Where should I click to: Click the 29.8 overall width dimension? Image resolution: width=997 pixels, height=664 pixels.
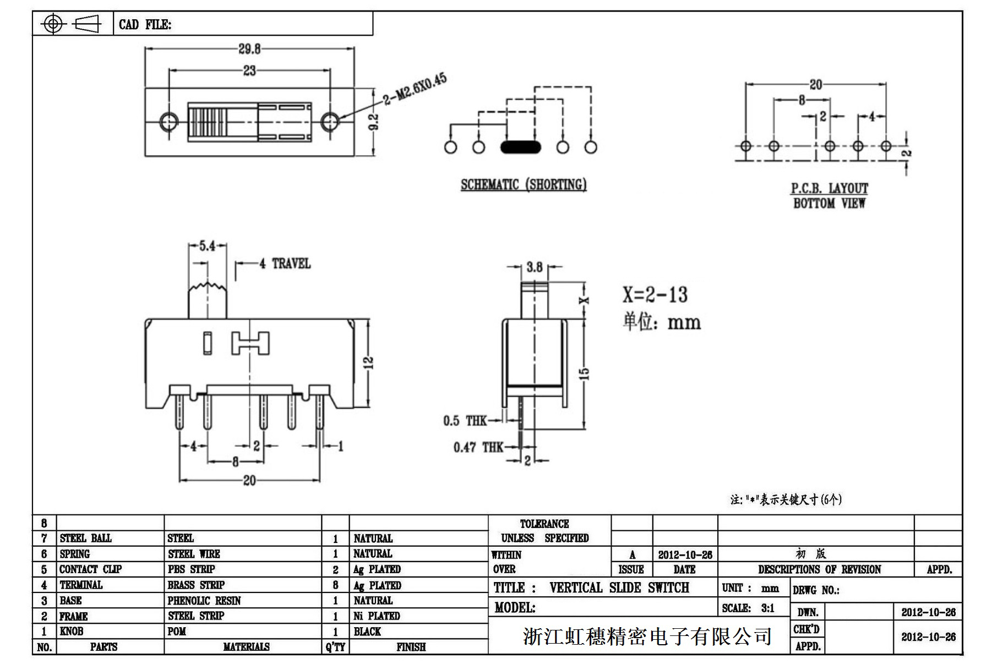249,49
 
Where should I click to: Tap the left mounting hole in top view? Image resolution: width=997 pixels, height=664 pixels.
168,121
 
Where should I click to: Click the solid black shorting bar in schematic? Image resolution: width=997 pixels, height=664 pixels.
520,147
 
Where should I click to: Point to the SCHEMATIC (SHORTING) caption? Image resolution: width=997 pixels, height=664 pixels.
524,185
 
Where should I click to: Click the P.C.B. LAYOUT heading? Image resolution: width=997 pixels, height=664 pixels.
829,189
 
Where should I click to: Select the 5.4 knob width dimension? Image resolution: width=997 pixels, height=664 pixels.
207,246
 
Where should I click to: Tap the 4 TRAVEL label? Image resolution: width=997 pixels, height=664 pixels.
285,264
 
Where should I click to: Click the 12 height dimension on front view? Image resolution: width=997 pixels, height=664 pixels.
368,362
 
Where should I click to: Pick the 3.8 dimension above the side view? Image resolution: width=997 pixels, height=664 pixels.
534,267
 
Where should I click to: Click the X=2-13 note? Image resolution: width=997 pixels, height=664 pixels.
655,295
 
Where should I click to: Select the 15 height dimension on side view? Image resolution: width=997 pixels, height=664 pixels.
585,374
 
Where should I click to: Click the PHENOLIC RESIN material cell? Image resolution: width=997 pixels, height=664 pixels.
204,601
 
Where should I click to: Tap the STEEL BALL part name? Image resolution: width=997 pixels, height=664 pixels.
85,538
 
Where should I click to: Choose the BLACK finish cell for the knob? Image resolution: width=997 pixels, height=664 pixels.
367,632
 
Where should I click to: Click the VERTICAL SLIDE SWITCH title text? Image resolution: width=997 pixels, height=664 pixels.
619,588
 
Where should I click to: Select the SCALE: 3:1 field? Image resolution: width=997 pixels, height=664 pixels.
748,608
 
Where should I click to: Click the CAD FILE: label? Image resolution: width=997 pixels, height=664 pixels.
145,25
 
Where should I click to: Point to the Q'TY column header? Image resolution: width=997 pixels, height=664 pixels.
335,647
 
